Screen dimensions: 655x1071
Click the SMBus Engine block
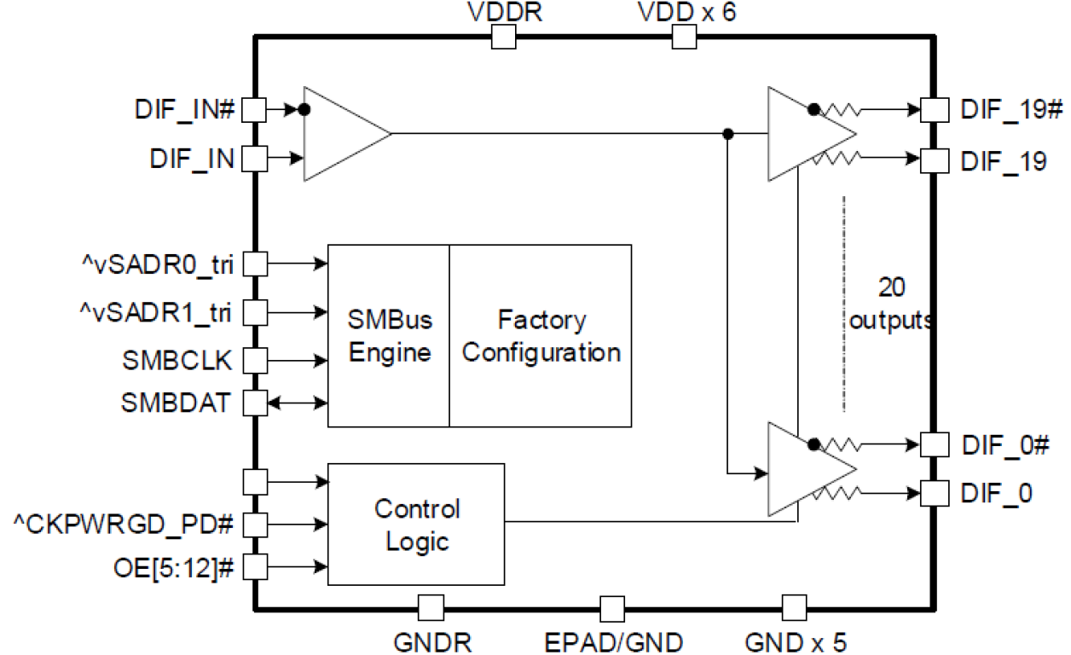(389, 335)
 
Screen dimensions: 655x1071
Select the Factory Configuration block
(541, 335)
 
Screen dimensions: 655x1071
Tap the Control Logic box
(416, 525)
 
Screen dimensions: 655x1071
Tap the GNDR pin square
(431, 608)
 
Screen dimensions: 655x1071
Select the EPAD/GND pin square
(612, 609)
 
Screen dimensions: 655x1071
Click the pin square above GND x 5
(794, 608)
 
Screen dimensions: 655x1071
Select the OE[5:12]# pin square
(255, 565)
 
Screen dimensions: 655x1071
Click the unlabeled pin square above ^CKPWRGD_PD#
(255, 481)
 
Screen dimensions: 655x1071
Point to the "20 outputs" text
(891, 305)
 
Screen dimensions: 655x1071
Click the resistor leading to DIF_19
(840, 157)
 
